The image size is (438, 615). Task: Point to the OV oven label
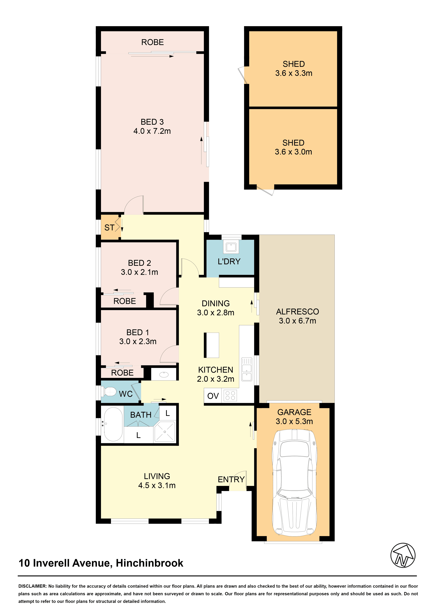213,396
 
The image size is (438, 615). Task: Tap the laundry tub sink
231,247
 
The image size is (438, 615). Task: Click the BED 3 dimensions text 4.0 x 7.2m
152,131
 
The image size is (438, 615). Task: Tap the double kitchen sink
246,369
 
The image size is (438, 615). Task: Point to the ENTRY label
231,479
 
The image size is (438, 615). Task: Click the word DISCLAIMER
32,586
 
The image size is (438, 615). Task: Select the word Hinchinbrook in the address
150,563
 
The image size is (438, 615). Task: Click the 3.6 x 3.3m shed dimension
294,73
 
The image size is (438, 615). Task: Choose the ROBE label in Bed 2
125,301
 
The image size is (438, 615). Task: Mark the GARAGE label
294,412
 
